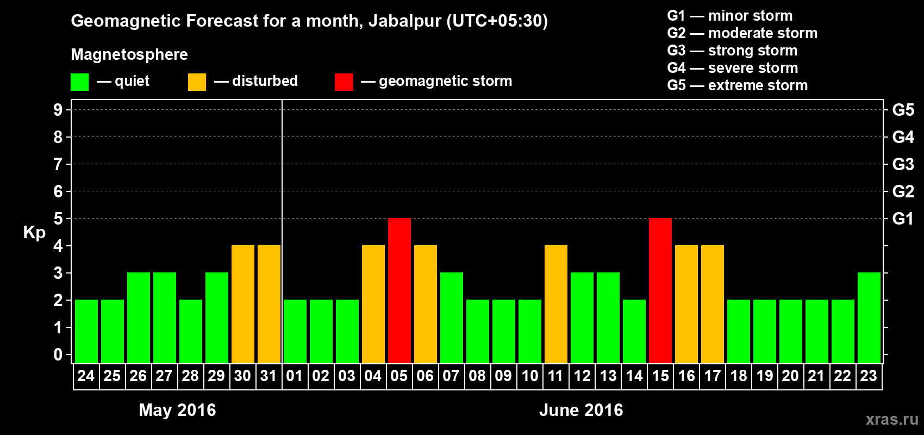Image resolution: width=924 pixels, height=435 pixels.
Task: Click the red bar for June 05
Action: point(399,290)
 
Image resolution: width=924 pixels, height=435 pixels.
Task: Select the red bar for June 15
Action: point(660,290)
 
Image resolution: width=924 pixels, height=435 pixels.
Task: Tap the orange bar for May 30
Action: point(243,304)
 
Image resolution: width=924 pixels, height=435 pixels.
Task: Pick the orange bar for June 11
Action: point(556,304)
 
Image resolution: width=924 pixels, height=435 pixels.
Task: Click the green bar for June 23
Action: point(869,318)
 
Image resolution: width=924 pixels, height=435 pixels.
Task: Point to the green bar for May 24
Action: point(86,331)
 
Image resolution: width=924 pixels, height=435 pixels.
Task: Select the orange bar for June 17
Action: point(713,304)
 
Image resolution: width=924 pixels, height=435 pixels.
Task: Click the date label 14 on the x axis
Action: point(634,376)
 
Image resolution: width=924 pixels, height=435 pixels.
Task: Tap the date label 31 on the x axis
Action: point(269,376)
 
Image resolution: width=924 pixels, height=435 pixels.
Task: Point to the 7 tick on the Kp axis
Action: point(58,164)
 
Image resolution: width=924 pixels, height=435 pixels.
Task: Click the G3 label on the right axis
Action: point(903,164)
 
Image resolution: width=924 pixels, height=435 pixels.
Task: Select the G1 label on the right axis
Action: point(903,219)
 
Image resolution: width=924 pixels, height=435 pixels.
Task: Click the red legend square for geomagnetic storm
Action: point(344,82)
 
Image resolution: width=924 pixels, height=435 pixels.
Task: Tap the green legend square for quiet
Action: point(80,82)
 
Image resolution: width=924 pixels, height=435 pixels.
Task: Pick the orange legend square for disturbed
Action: point(197,82)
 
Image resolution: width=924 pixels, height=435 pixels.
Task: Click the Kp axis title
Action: point(34,233)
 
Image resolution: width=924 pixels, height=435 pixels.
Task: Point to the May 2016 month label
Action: point(177,410)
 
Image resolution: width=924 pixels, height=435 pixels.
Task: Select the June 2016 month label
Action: point(581,410)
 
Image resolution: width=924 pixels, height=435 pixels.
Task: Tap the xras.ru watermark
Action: point(892,419)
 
